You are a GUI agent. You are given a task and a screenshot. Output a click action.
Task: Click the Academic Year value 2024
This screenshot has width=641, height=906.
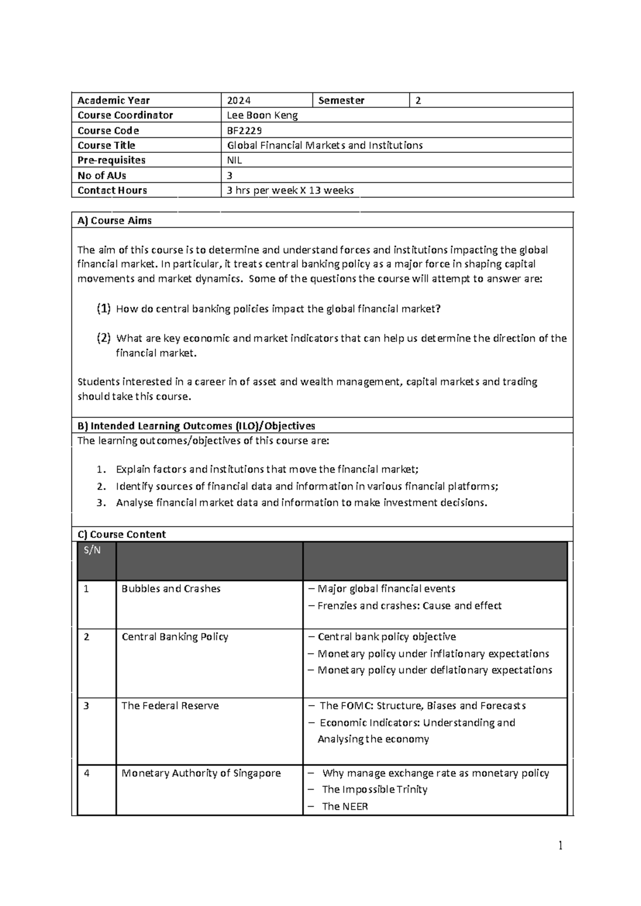tap(239, 100)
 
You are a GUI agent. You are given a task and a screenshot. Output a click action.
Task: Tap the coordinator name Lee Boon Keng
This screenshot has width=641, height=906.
tap(262, 115)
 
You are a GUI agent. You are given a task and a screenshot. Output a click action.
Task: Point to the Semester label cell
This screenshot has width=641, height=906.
tap(341, 100)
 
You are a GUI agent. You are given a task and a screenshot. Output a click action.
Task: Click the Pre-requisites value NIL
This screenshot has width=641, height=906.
tap(234, 160)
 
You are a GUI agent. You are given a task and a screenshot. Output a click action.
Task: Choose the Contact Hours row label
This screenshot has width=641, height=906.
tap(112, 190)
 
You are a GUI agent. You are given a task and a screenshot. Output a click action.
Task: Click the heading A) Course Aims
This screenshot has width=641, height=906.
tap(114, 221)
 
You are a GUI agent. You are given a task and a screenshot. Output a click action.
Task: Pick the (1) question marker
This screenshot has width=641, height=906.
tap(104, 308)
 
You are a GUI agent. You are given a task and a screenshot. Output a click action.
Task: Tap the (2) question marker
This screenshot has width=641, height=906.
tap(104, 338)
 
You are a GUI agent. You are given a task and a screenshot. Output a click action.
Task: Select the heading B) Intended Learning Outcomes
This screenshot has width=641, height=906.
tap(196, 426)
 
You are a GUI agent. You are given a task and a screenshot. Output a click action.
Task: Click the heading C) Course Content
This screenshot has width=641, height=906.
tap(121, 534)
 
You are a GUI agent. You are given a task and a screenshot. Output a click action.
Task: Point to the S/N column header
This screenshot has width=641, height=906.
tap(92, 550)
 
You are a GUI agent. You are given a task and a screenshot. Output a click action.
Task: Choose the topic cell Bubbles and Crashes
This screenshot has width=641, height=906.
tap(171, 589)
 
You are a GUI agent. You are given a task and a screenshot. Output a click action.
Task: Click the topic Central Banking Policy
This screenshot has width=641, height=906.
tap(175, 637)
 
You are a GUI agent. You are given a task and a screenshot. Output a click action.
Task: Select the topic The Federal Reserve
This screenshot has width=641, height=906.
tap(170, 706)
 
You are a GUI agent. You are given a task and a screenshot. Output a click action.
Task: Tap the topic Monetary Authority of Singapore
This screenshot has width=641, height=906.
tap(201, 773)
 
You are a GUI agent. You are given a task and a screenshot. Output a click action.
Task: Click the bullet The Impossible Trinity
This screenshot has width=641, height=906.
tap(374, 790)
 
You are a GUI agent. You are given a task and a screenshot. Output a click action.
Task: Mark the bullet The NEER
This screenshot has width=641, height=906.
tap(345, 807)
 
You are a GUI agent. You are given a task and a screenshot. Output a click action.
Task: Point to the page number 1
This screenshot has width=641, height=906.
tap(560, 846)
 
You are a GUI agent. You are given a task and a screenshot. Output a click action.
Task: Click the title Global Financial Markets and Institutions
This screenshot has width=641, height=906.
tap(325, 145)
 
